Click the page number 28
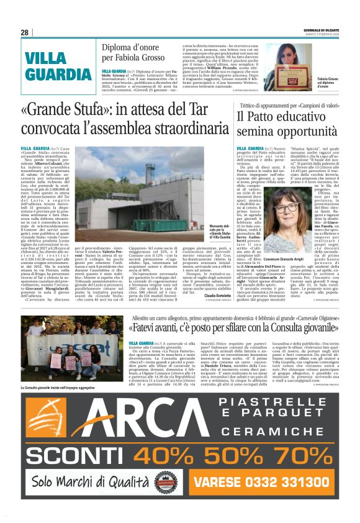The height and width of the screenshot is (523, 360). (25, 32)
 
